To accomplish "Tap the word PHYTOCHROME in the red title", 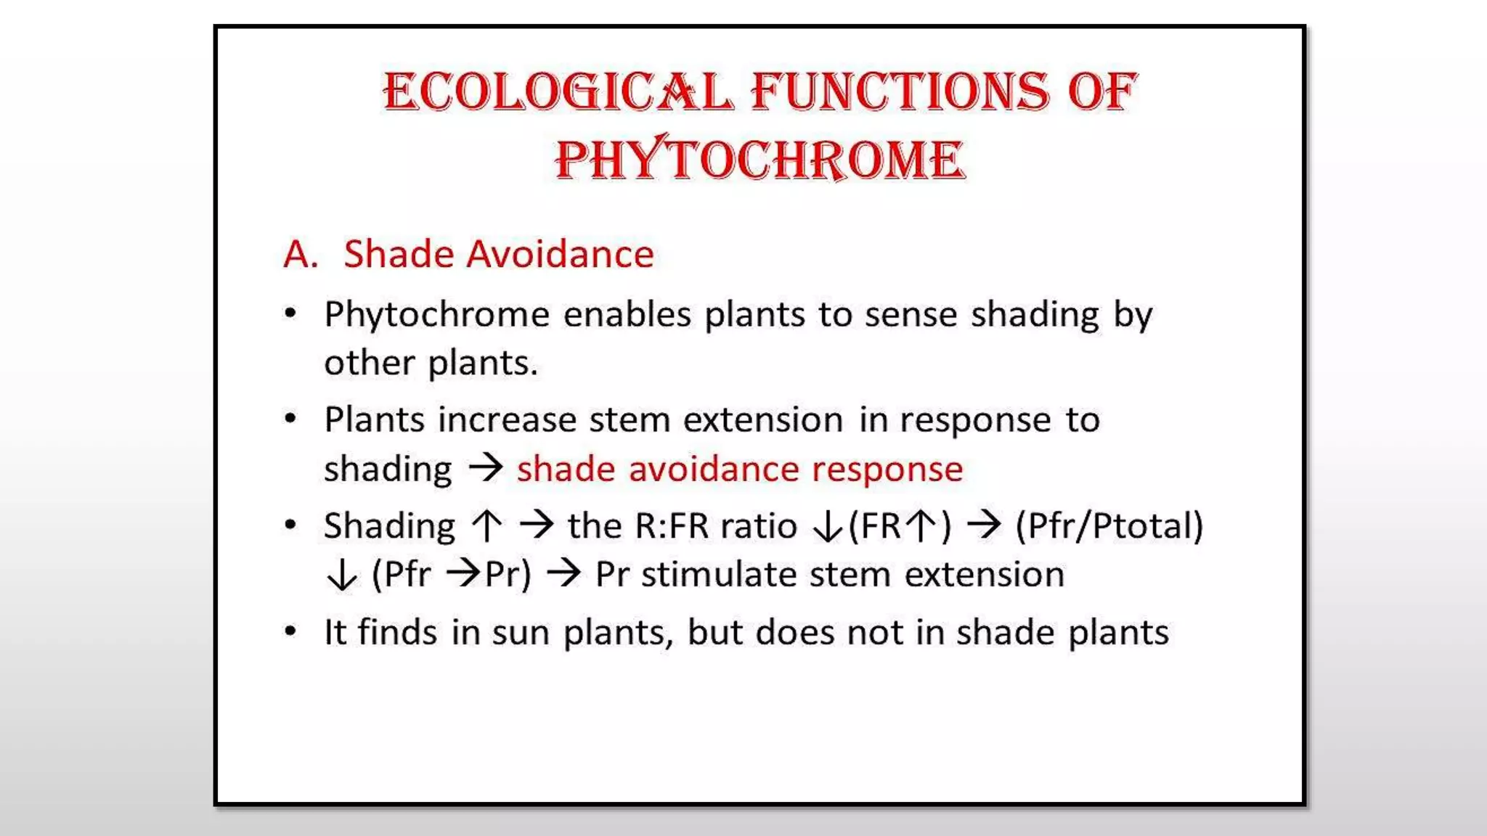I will point(760,160).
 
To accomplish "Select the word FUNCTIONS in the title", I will point(900,92).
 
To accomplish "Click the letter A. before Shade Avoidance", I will point(301,254).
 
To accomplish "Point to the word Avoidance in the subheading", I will point(560,254).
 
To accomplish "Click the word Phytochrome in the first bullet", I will point(437,315).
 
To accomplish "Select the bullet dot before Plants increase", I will point(290,419).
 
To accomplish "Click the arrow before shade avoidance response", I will point(485,467).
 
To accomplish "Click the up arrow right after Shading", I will point(487,525).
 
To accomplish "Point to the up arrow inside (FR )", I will point(922,525).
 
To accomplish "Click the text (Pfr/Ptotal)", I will point(1109,525).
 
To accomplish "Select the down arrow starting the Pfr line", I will point(341,575).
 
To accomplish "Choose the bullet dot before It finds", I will point(290,631).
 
